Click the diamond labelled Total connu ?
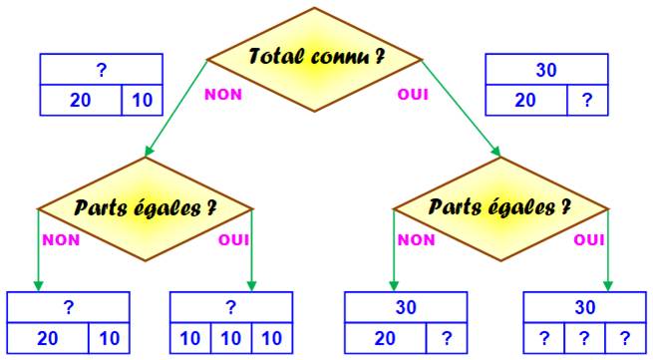314,60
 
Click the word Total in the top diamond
277,56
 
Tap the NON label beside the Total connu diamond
223,95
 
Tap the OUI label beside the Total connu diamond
413,95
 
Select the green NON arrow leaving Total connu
176,109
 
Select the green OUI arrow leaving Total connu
461,109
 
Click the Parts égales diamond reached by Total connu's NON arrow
146,208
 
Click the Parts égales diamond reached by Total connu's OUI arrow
500,208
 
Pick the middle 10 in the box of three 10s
231,338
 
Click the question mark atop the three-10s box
231,307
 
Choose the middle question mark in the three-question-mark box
584,338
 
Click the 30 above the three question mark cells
584,307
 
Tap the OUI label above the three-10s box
234,240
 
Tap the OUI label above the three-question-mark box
589,240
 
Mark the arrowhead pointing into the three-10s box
251,286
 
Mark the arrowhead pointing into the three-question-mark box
607,286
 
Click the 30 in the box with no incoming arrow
546,70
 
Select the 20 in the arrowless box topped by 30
525,101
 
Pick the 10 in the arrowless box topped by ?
143,101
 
